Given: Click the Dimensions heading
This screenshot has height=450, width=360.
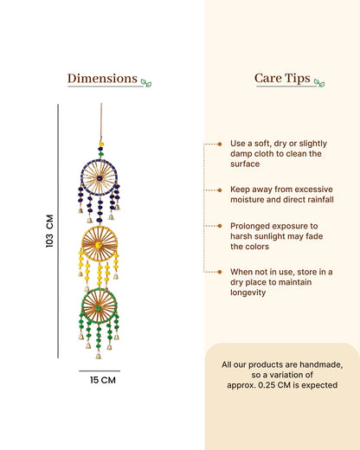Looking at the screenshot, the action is [102, 79].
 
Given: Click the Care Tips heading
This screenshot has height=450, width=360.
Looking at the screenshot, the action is [282, 79].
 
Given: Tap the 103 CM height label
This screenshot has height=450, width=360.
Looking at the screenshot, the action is [49, 231].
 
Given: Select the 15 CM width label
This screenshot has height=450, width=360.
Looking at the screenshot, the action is [103, 380].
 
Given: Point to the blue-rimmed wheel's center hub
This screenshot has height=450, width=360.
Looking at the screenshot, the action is [100, 178].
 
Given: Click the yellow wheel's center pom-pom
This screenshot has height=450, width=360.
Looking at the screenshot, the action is [99, 245].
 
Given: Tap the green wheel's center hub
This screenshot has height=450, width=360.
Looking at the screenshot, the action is [99, 308].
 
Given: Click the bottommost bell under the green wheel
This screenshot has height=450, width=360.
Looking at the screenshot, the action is [99, 356].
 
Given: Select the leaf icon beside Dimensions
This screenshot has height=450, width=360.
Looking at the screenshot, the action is [146, 83].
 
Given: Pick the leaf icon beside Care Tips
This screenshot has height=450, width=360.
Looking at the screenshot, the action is [319, 83].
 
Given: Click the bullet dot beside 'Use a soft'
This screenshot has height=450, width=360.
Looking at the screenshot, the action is [220, 144].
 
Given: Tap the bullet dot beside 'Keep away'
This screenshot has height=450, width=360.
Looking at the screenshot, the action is [220, 190].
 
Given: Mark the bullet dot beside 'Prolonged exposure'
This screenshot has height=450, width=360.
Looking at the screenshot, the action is [220, 226].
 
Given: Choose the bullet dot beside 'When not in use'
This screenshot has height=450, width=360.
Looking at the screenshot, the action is [220, 272].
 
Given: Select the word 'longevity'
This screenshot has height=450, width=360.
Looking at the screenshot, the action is [247, 292].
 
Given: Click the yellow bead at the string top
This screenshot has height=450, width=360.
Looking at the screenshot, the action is [101, 144].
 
